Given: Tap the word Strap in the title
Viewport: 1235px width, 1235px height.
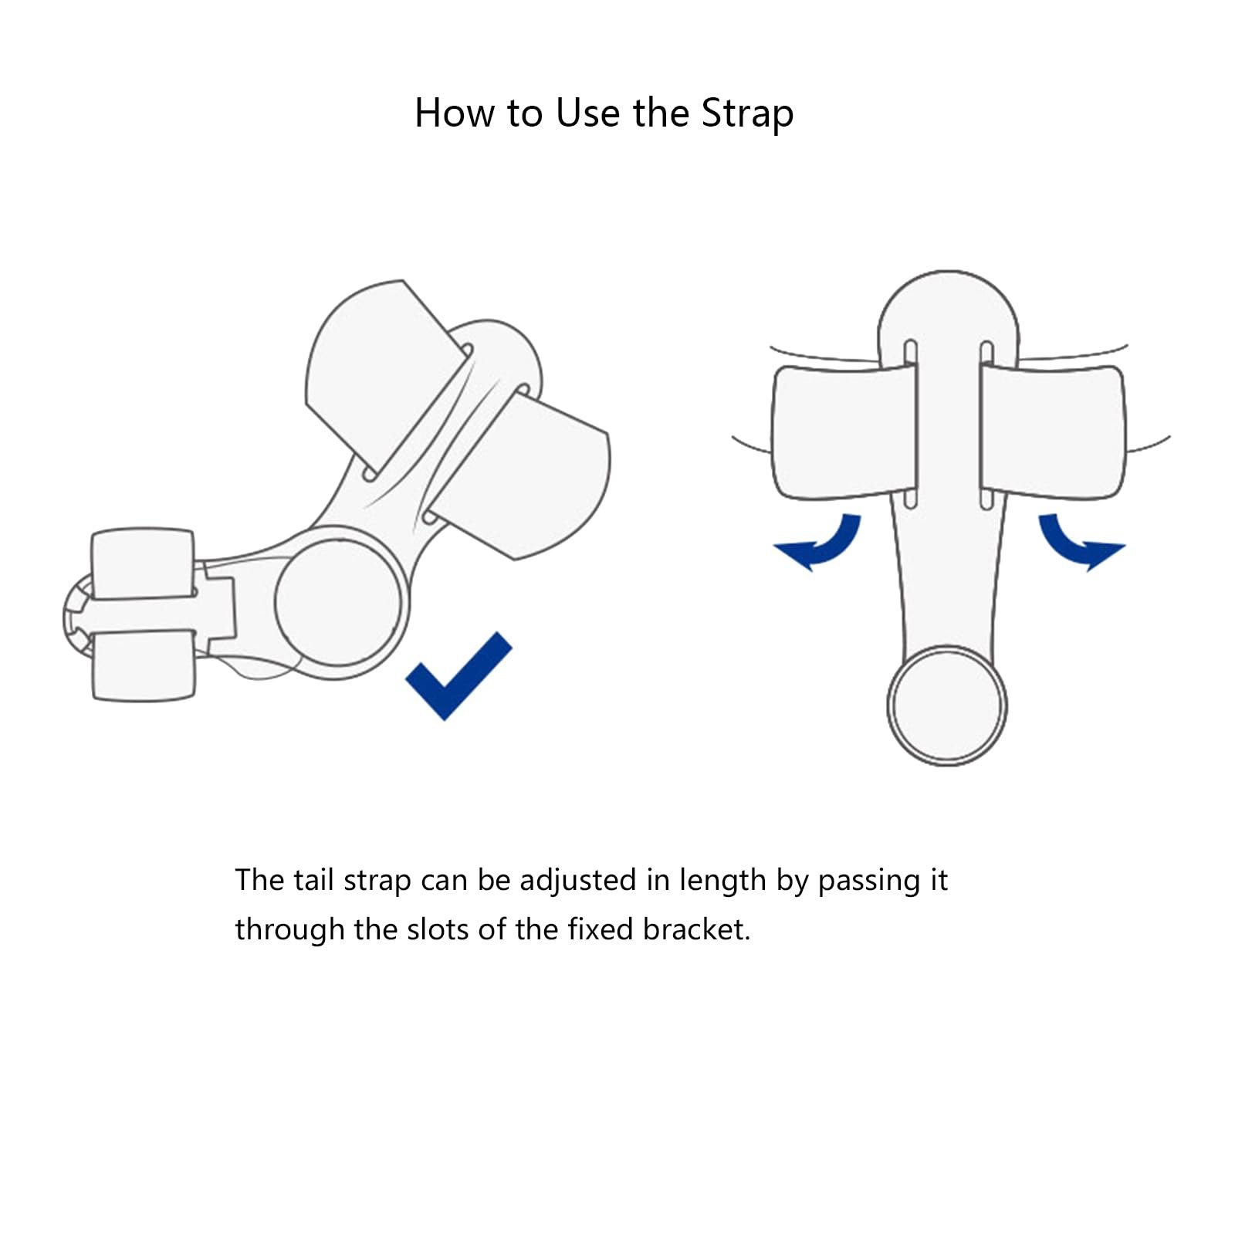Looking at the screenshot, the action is pos(747,114).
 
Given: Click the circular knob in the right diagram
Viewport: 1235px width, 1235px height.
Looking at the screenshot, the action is pos(947,705).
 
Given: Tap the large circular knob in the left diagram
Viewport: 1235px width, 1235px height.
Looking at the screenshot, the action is pos(338,603).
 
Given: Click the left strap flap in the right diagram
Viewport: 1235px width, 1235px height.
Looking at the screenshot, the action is pos(844,432).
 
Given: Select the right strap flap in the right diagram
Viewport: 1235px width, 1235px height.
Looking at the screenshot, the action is pos(1053,432).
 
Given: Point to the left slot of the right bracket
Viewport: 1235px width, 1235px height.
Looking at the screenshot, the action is pos(910,425).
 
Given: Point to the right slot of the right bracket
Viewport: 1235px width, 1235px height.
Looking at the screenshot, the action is pos(986,425).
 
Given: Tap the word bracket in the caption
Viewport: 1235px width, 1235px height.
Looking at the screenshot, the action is pos(696,929).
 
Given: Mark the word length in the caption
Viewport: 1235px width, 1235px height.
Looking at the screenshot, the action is pos(722,881).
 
